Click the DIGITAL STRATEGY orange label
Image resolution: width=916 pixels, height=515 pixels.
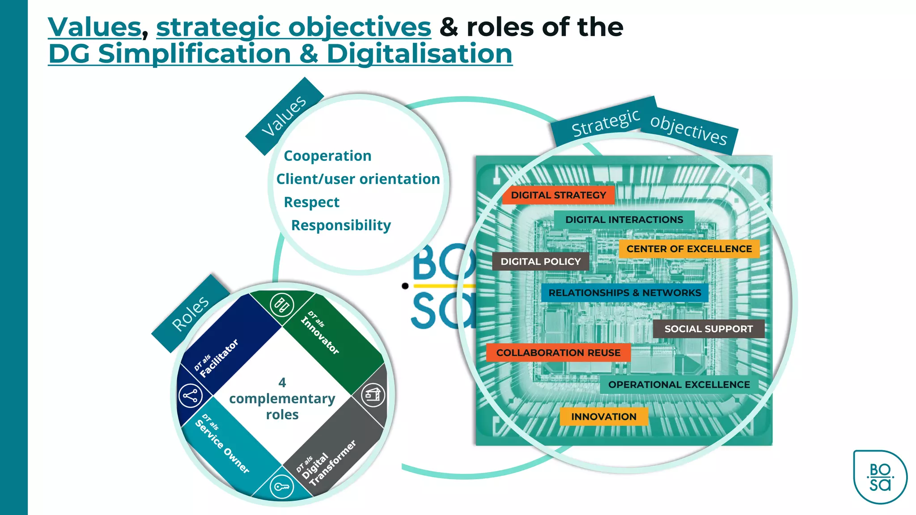tap(558, 195)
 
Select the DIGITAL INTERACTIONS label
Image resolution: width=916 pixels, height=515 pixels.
tap(624, 220)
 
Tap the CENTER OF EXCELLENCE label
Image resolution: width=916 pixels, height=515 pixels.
tap(689, 249)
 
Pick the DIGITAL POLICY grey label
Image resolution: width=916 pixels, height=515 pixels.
tap(540, 262)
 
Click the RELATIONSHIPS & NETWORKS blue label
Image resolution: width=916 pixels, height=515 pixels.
tap(624, 293)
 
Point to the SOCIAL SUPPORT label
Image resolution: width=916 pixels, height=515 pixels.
tap(708, 329)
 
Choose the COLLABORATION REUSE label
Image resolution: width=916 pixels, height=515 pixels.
tap(558, 353)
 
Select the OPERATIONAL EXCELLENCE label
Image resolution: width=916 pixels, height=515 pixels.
tap(679, 384)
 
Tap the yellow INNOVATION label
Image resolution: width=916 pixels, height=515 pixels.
tap(603, 417)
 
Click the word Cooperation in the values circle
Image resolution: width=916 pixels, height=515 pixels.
tap(327, 156)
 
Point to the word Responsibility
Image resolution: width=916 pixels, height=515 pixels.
tap(341, 225)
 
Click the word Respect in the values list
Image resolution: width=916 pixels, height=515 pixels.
tap(311, 202)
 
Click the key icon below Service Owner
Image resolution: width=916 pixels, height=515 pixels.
tap(282, 487)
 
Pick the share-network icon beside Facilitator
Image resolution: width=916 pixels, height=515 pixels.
tap(190, 396)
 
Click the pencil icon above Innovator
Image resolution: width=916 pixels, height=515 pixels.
tap(282, 305)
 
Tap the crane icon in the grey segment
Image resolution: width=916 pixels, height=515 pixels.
tap(373, 395)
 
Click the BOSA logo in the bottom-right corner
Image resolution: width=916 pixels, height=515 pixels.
tap(880, 477)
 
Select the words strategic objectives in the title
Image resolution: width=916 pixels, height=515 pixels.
tap(293, 27)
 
